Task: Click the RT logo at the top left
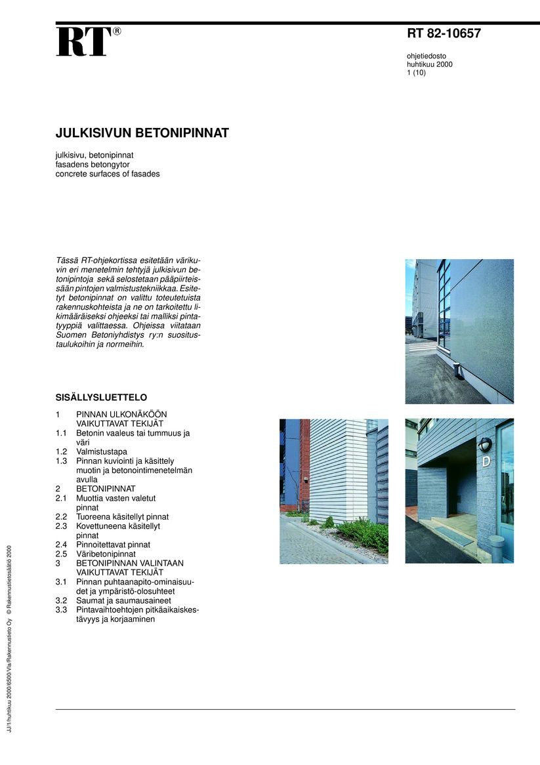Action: tap(83, 41)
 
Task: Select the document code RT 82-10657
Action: tap(444, 34)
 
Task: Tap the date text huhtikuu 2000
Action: tap(429, 64)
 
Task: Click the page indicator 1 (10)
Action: tap(416, 73)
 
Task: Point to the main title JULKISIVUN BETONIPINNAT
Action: tap(142, 133)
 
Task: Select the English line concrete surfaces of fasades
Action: tap(108, 174)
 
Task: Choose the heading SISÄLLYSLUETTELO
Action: tap(101, 398)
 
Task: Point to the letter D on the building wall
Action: tap(486, 461)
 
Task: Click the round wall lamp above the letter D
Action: tap(485, 444)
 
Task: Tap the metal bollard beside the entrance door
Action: tap(497, 548)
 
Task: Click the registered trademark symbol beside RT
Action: tap(117, 31)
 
